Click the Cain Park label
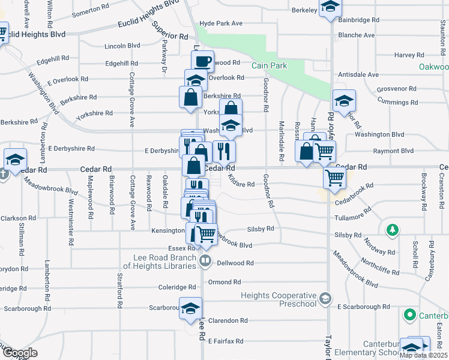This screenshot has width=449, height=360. click(x=269, y=66)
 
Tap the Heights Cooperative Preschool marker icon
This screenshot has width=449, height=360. click(x=325, y=298)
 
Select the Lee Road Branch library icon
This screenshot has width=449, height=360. click(x=205, y=260)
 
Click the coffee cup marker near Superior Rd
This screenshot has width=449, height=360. click(x=203, y=61)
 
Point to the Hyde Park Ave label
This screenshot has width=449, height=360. click(x=220, y=23)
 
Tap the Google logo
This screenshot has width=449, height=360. click(x=19, y=353)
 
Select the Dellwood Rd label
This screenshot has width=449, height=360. click(x=235, y=263)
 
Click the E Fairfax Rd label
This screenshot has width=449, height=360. click(x=225, y=341)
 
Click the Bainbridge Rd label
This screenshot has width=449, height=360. click(x=359, y=20)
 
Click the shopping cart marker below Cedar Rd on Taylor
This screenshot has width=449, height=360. click(x=334, y=178)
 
